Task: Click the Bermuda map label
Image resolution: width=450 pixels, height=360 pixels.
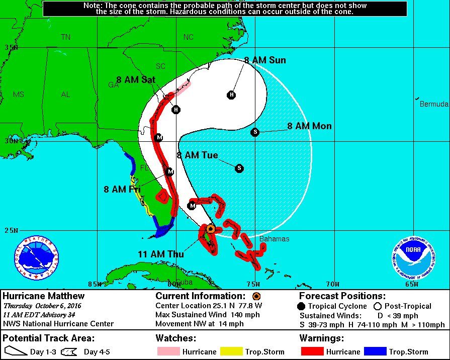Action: click(434, 104)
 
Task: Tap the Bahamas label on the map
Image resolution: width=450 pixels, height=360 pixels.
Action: click(274, 239)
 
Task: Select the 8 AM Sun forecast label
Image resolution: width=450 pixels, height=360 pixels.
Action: click(265, 60)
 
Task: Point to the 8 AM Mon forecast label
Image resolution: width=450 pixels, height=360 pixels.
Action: click(309, 126)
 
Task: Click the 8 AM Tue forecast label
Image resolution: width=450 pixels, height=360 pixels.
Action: click(197, 155)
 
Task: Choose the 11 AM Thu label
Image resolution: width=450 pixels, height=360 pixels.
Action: click(161, 254)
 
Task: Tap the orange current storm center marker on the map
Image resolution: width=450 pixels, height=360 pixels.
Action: click(211, 229)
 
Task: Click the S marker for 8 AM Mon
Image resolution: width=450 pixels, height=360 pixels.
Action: click(255, 132)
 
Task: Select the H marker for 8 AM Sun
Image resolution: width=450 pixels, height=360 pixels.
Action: click(232, 95)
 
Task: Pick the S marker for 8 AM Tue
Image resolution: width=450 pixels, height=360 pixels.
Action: click(239, 168)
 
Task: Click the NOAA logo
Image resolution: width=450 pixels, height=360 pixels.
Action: click(414, 258)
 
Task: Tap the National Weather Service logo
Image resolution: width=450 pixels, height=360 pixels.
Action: click(36, 258)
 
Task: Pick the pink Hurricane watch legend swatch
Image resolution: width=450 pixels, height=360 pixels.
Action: click(168, 351)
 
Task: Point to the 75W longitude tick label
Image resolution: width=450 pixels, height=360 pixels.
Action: click(253, 285)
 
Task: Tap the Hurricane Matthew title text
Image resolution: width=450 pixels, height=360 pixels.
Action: click(44, 296)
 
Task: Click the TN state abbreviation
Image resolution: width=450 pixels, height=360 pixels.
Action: click(66, 37)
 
